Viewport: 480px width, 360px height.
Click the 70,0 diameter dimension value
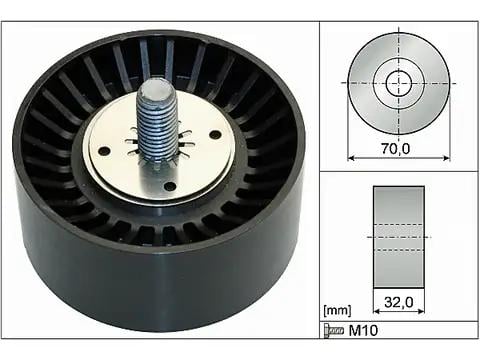point(396,148)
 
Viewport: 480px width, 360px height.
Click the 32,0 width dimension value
point(399,302)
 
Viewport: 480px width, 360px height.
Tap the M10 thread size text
point(363,331)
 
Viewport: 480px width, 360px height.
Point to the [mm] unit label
point(337,311)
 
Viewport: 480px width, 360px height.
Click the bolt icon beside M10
point(334,331)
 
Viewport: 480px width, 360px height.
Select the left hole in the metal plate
point(105,151)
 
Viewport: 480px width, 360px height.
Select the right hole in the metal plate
point(215,135)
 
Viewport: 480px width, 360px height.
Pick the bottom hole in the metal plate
point(170,186)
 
